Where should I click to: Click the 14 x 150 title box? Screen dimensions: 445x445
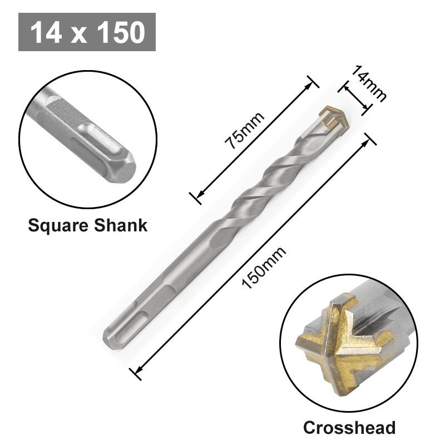click(x=87, y=32)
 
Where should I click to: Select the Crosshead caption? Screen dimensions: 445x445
click(x=349, y=427)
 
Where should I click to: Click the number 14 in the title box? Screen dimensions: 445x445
click(x=44, y=32)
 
